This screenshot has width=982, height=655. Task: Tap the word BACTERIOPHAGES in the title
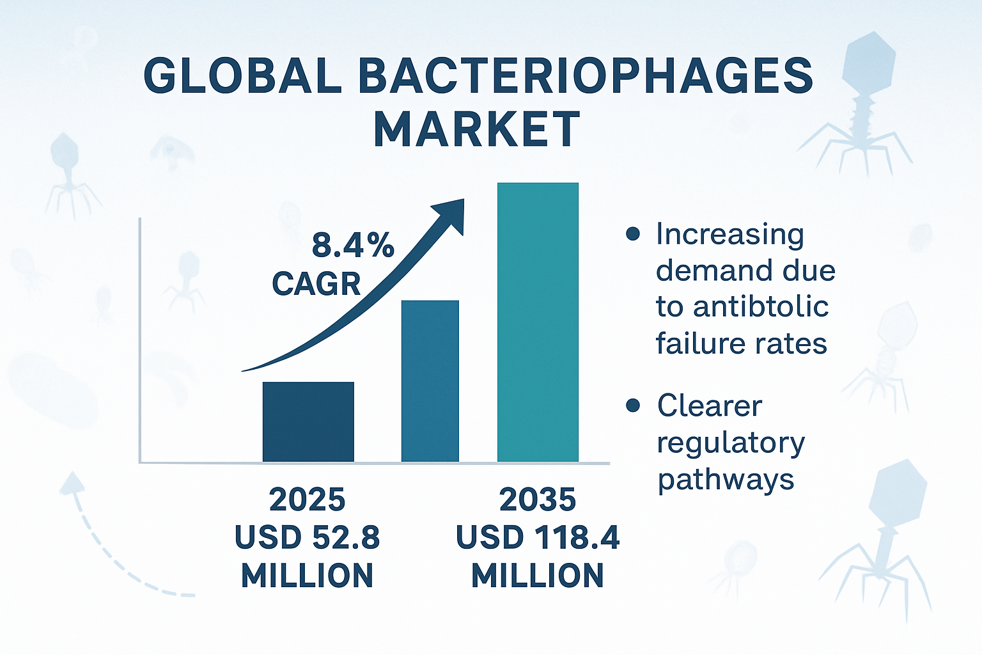click(585, 75)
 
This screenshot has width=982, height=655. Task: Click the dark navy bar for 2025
click(308, 422)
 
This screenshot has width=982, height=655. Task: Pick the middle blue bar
click(430, 381)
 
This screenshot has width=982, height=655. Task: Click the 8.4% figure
click(353, 245)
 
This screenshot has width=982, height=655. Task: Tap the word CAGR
click(316, 283)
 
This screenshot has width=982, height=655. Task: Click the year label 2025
click(307, 500)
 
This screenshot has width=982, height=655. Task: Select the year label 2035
click(537, 500)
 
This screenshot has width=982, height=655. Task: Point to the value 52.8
click(345, 537)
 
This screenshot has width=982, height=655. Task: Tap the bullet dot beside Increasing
click(633, 234)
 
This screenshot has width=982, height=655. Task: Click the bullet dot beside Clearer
click(633, 406)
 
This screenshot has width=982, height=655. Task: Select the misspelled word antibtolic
click(761, 306)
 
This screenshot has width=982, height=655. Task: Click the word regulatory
click(731, 443)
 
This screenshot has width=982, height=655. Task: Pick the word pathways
click(726, 480)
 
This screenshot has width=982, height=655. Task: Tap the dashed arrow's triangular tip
click(72, 483)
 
